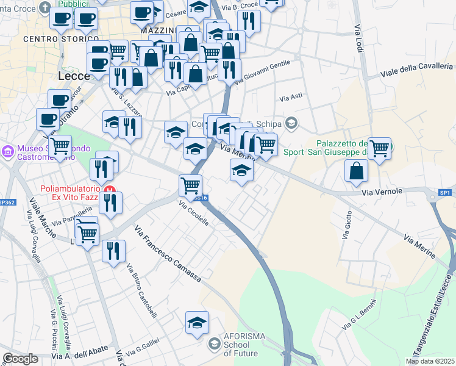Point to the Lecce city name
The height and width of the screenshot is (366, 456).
[x=74, y=76]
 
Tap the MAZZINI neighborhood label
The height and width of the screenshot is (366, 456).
[x=158, y=30]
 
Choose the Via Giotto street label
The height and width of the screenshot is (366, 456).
[x=346, y=225]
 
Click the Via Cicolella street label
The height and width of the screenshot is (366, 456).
[x=194, y=214]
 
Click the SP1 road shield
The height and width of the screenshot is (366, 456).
[x=446, y=193]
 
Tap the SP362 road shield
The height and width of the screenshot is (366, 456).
[x=6, y=202]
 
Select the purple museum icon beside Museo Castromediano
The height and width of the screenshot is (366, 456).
[x=9, y=150]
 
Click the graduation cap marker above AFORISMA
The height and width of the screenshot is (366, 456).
[x=198, y=323]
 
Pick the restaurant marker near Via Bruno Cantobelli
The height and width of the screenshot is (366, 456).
[x=113, y=251]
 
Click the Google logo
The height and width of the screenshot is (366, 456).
[x=20, y=359]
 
